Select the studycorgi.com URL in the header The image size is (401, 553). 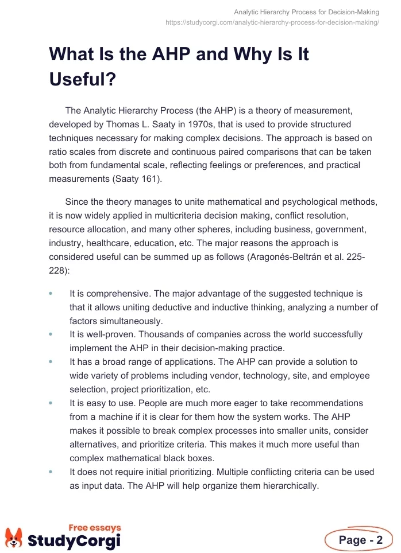[272, 22]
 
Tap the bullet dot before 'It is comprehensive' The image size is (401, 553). [51, 294]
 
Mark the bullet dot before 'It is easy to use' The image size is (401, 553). [51, 403]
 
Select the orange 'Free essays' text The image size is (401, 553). [95, 527]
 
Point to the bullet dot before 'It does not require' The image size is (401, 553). [51, 472]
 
